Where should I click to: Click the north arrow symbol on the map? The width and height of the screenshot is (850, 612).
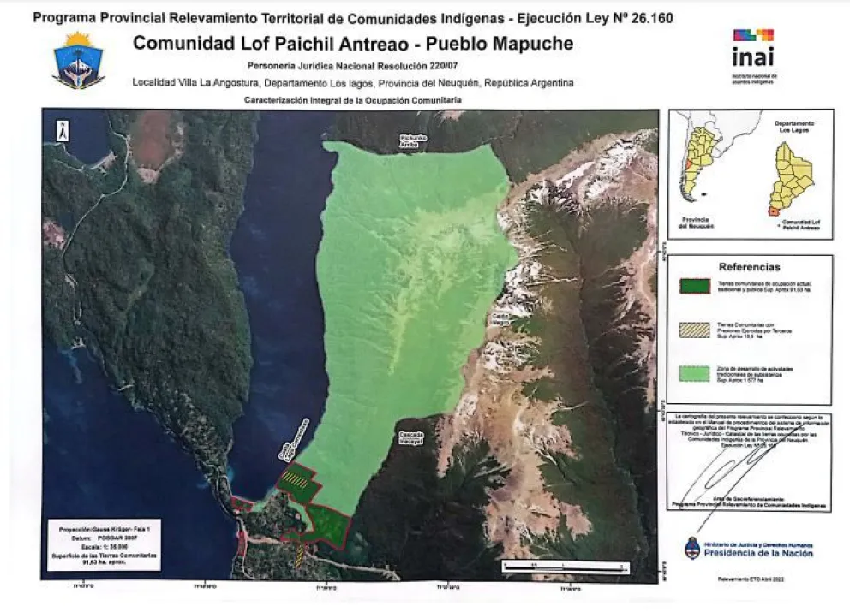63,131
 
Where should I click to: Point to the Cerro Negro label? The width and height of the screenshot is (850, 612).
500,319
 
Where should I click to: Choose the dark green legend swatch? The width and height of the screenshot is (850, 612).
694,286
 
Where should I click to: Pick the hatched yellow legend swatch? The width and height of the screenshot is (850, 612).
694,329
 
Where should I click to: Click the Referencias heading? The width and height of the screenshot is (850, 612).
750,267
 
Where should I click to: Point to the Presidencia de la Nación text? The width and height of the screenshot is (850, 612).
754,553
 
